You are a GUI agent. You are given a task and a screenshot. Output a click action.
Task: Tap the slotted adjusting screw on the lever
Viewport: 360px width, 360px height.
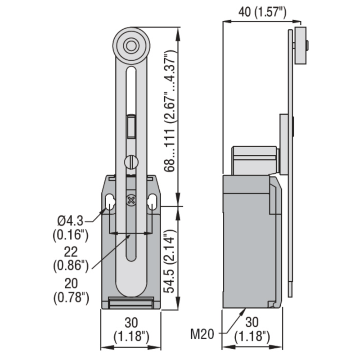click(x=130, y=162)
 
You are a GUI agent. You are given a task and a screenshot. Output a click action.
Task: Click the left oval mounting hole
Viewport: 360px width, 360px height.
click(x=109, y=202)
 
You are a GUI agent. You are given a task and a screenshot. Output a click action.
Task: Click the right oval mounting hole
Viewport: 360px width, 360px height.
click(x=153, y=202)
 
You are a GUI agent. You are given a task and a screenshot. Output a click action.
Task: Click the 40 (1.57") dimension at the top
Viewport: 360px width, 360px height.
click(x=262, y=12)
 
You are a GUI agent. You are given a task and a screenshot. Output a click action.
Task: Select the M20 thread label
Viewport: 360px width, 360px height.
click(x=204, y=334)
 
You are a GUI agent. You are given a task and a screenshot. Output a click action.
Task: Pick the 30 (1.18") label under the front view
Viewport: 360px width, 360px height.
click(x=131, y=329)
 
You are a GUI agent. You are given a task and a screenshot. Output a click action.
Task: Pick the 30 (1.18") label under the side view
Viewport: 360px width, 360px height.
click(x=252, y=329)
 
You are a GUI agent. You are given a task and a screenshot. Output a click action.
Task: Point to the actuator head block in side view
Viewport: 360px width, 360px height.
click(x=254, y=160)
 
